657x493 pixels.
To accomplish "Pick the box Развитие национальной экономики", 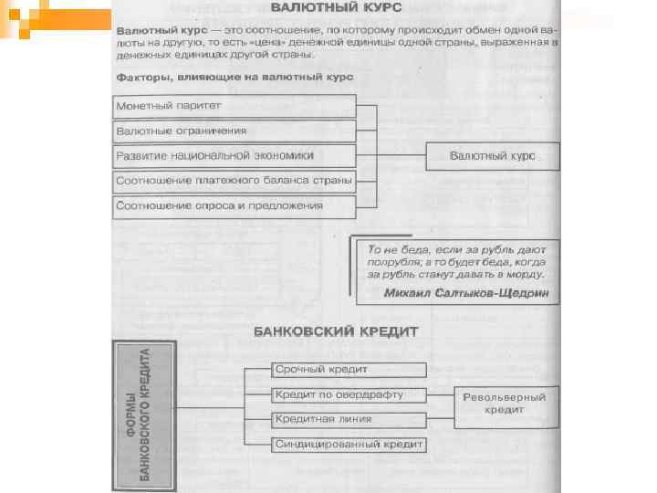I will pos(233,155).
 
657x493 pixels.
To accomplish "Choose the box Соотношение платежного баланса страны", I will pos(233,181).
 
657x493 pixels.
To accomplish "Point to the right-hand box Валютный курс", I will pos(492,156).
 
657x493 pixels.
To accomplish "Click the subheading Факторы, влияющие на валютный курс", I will pos(235,78).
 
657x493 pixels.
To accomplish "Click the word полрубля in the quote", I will pos(391,261).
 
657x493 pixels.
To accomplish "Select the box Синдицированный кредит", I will pos(348,445).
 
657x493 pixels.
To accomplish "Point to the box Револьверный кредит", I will pos(504,404).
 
